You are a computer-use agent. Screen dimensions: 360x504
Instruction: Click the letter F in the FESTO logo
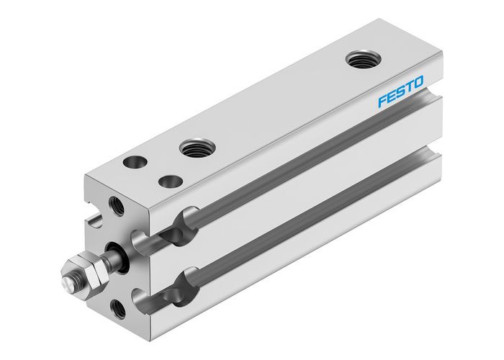point(383,101)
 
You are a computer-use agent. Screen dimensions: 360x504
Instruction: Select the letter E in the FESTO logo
point(392,96)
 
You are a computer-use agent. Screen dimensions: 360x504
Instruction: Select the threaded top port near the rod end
point(194,148)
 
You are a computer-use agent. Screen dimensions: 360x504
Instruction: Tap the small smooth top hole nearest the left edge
point(134,163)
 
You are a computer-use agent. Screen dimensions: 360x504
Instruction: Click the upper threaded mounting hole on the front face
point(117,207)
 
